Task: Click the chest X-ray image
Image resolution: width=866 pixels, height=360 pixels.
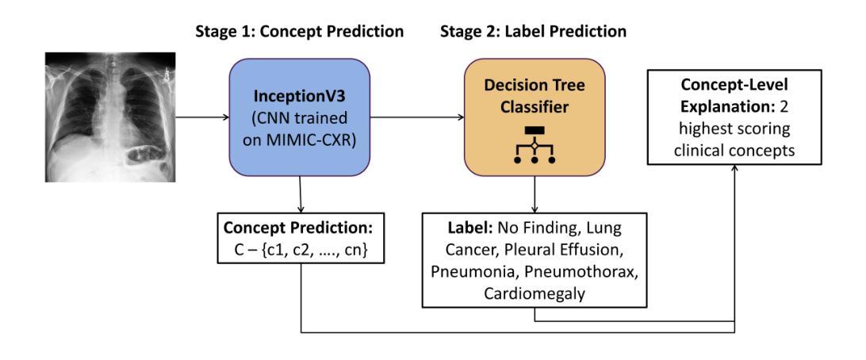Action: pos(110,117)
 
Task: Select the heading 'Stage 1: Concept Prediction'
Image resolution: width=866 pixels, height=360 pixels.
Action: pos(299,32)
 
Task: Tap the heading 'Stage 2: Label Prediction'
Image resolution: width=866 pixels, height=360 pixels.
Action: pos(533,32)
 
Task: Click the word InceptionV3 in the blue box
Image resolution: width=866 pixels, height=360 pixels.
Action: pos(299,97)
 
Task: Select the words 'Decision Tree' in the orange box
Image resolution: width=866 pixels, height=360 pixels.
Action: pos(534,86)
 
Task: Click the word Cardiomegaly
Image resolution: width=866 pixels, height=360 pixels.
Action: pos(534,293)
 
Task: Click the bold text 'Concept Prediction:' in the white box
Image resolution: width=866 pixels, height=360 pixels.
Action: pos(299,228)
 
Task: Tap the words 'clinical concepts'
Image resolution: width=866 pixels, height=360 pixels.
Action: pos(734,150)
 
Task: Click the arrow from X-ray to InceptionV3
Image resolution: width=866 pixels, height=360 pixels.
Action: pos(202,117)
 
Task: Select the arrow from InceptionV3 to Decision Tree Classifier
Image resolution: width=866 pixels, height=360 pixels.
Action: pos(417,117)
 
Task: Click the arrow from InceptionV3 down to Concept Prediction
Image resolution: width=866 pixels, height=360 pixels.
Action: pos(300,194)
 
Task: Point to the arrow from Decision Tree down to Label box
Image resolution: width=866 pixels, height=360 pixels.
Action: pos(534,194)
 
